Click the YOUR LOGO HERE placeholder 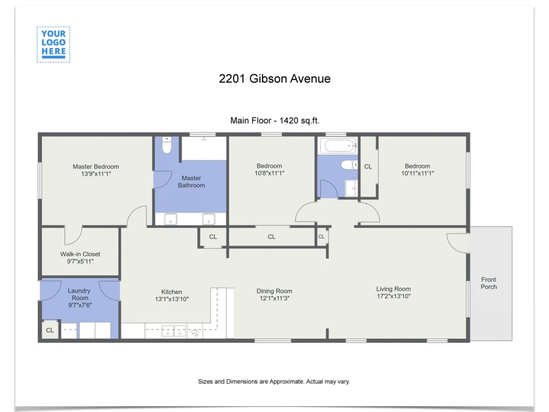point(53,44)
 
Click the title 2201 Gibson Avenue point(274,79)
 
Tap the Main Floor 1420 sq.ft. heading point(274,121)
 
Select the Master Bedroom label point(96,167)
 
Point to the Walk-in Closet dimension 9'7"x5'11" point(80,262)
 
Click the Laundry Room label point(80,295)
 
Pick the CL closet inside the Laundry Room point(50,330)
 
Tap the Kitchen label point(172,292)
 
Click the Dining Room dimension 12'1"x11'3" point(274,299)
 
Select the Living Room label point(393,289)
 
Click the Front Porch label point(488,283)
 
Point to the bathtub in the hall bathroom point(337,145)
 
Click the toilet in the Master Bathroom point(167,144)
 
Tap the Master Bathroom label point(191,182)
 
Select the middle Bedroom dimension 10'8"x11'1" point(269,173)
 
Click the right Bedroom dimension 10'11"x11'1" point(417,173)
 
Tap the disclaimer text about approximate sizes point(274,382)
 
